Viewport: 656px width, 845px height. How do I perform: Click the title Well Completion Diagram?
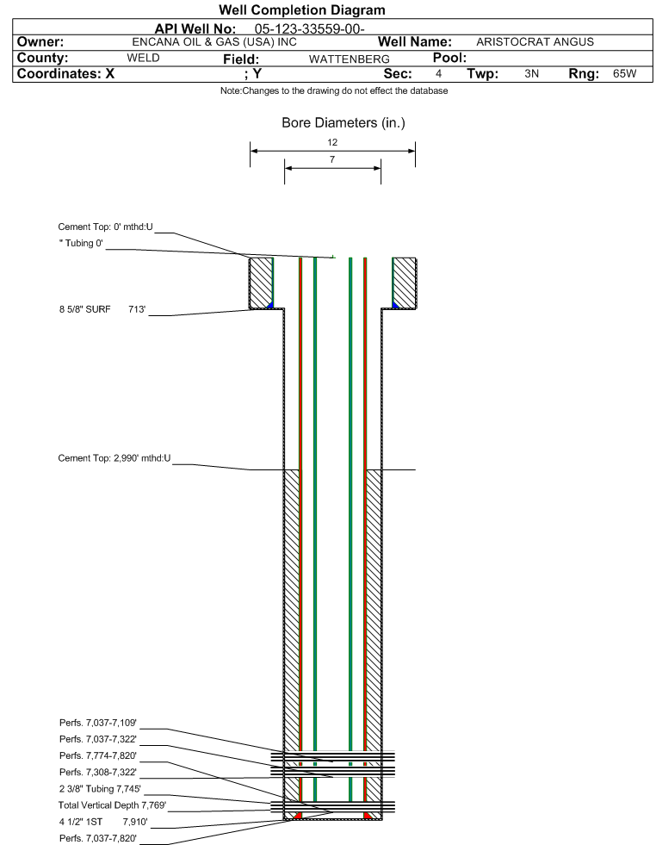pos(302,10)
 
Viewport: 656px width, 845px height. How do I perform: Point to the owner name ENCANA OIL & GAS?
pos(214,41)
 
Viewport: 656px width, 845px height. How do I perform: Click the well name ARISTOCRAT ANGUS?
pos(535,41)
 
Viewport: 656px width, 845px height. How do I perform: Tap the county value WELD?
pos(143,58)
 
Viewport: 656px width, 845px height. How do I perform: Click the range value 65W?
pos(624,74)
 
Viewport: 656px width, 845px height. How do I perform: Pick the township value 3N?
pos(531,74)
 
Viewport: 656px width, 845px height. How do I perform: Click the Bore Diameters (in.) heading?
pos(343,123)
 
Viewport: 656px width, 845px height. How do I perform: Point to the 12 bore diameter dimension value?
pos(332,142)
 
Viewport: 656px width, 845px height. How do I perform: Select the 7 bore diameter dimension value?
pos(331,159)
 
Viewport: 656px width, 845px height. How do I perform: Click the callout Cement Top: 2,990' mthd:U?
pos(114,458)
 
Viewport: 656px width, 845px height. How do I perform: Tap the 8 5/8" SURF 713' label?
pos(102,308)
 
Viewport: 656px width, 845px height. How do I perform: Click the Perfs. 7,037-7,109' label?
pos(97,723)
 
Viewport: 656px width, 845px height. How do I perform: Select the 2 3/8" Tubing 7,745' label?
pos(99,788)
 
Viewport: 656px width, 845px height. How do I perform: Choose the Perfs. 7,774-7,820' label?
pos(97,755)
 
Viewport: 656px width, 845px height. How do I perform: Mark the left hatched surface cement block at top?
pos(260,282)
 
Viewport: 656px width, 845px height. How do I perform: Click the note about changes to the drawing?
pos(333,91)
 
